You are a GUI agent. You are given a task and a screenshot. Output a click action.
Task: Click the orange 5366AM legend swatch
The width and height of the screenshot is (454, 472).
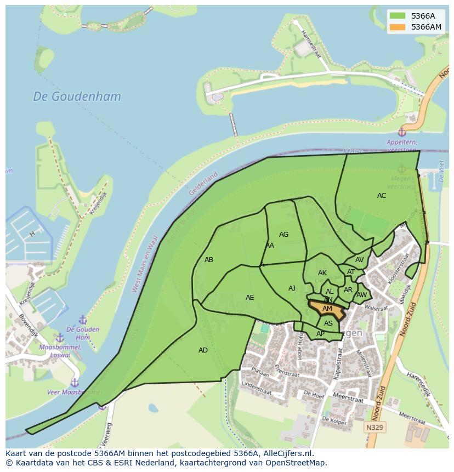[x=398, y=27]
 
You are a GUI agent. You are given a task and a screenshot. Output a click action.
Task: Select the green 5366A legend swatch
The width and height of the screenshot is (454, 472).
[x=398, y=16]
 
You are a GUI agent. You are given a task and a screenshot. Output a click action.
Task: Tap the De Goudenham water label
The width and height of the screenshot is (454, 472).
[x=77, y=96]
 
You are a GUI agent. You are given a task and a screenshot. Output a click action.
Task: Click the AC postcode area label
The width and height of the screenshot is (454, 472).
[x=382, y=196]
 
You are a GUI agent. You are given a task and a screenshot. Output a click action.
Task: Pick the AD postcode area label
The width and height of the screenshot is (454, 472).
[x=203, y=350]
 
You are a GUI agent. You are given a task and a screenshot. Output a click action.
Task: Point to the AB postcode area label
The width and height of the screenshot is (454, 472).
[x=209, y=260]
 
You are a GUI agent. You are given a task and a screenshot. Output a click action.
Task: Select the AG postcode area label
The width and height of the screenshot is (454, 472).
[x=283, y=235]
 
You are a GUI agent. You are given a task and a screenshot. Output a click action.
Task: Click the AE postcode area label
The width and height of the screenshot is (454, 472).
[x=249, y=298]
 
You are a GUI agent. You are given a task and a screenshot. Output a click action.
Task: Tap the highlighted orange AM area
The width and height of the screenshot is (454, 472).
[x=327, y=309]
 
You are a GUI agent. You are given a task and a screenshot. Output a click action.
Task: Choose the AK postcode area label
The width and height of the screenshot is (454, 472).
[x=322, y=273]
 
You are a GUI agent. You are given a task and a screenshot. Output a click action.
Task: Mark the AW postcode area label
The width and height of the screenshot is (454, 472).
[x=361, y=295]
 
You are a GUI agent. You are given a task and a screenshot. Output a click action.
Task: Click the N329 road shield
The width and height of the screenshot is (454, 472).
[x=375, y=426]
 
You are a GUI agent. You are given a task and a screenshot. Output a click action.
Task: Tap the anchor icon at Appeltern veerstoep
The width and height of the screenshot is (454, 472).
[x=402, y=132]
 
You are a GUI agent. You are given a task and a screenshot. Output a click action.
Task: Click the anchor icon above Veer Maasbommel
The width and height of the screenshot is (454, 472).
[x=75, y=382]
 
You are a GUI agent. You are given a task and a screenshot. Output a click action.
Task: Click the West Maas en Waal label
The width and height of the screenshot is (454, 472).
[x=144, y=264]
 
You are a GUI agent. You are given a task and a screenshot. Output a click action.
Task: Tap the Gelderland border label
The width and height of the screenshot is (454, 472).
[x=203, y=184]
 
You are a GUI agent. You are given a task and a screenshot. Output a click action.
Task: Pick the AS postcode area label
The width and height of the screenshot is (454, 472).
[x=328, y=323]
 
